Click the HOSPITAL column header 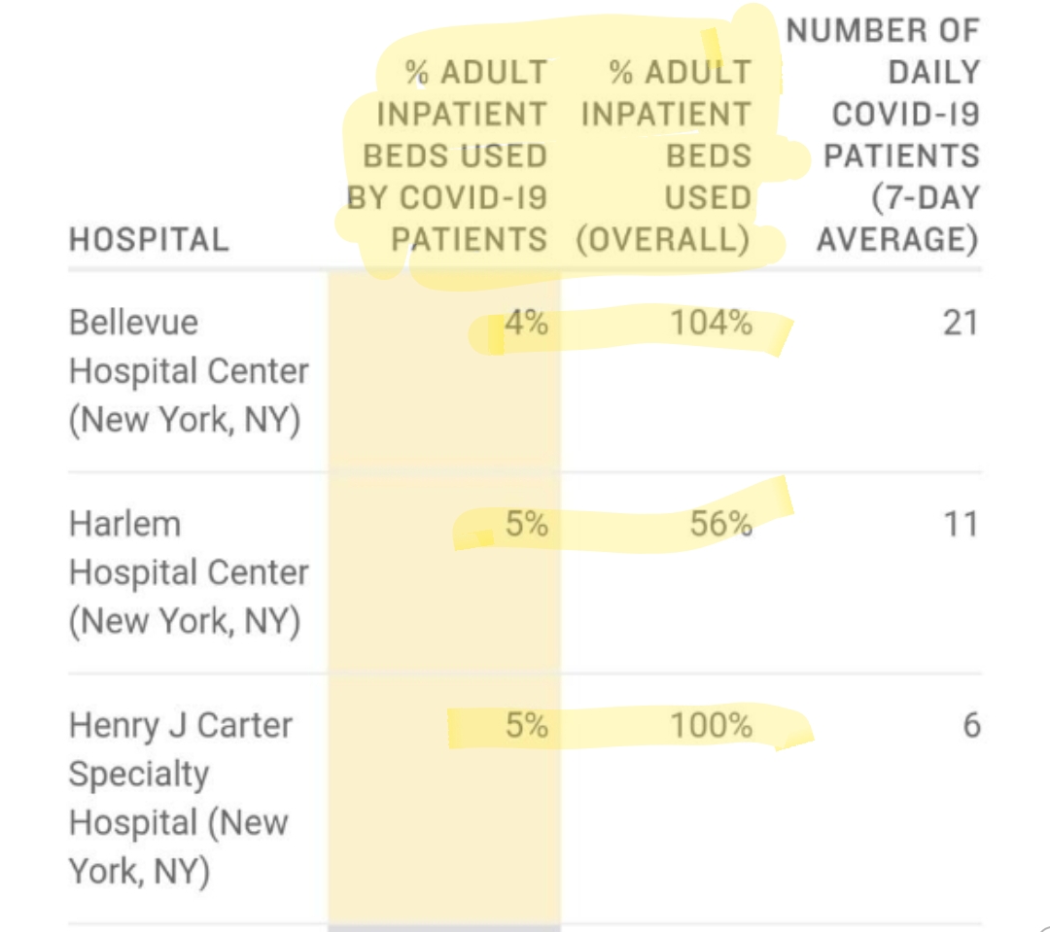point(149,239)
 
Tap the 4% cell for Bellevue point(525,323)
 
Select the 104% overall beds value point(711,323)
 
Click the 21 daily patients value point(960,323)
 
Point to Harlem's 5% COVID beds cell point(526,525)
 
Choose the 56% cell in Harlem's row point(720,525)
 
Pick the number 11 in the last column point(960,525)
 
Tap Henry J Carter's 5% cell point(526,725)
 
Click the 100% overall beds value point(711,725)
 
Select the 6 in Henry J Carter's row point(970,725)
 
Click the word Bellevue point(133,323)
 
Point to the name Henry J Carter point(180,725)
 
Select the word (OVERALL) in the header point(663,239)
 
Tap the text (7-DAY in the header point(925,197)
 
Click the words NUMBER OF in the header point(882,30)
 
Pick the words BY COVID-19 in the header point(447,197)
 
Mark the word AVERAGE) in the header point(897,239)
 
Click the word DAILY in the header point(932,73)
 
